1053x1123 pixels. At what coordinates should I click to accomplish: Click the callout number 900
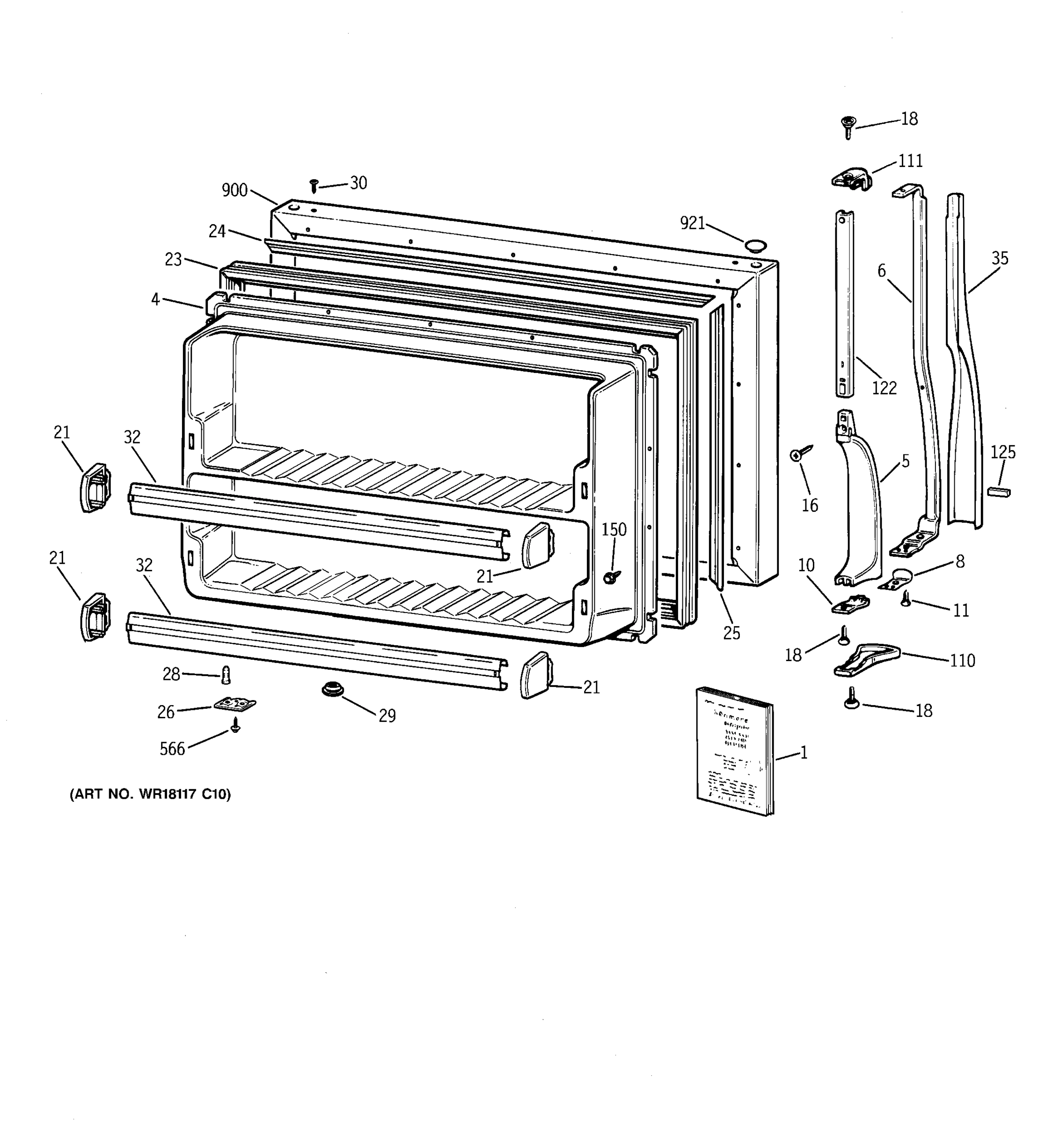coord(234,190)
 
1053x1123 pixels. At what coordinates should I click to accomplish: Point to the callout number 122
coord(884,387)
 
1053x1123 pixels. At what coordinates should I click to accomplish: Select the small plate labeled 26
coord(234,704)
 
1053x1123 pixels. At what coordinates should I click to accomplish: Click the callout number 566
coord(172,749)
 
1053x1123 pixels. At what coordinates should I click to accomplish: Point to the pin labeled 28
coord(227,674)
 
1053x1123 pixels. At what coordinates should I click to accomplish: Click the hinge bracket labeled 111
coord(852,178)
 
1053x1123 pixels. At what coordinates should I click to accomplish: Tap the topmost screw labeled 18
coord(848,126)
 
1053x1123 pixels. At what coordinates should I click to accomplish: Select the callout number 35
coord(999,258)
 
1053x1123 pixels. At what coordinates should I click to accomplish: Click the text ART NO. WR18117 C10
coord(150,794)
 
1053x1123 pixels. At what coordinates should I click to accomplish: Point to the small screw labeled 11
coord(906,599)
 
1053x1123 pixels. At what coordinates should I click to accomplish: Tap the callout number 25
coord(731,633)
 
